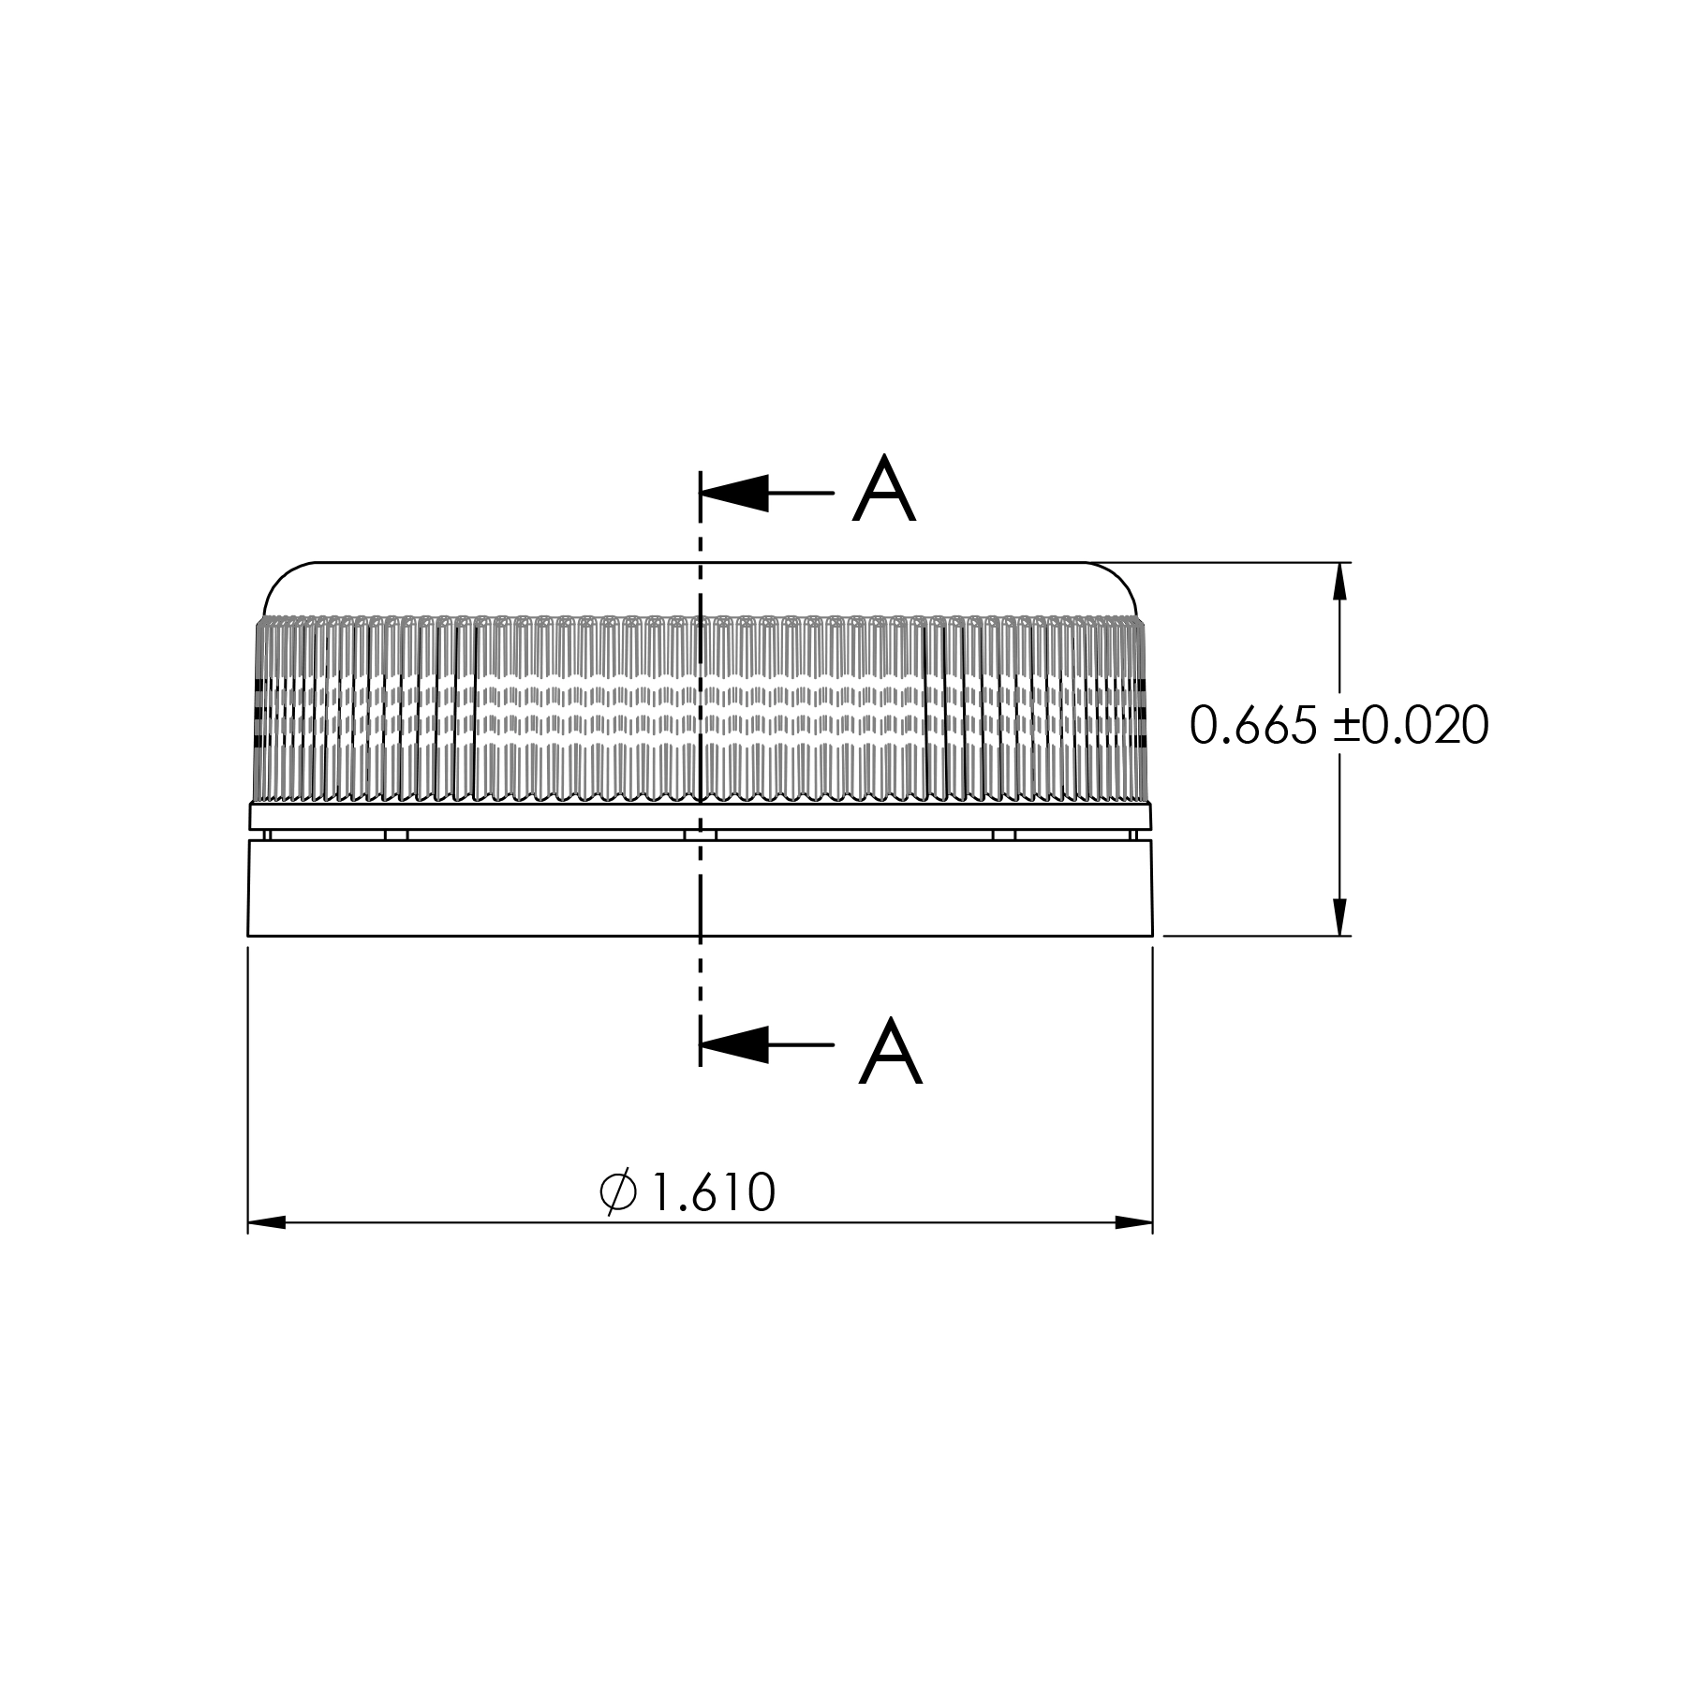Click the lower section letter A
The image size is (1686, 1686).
891,1051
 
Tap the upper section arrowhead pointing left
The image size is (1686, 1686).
734,493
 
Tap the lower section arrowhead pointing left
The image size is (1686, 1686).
734,1044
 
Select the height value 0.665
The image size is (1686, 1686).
1253,725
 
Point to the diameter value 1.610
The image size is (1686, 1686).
713,1192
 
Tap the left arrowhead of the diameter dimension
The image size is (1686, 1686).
267,1222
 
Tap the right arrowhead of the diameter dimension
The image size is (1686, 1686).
1133,1222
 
